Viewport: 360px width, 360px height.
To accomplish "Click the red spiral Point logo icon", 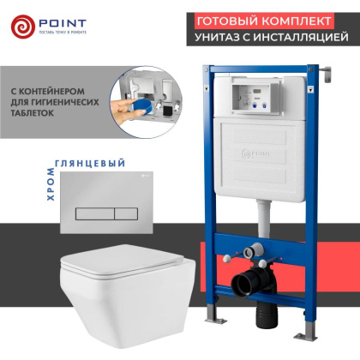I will pyautogui.click(x=23, y=27).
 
